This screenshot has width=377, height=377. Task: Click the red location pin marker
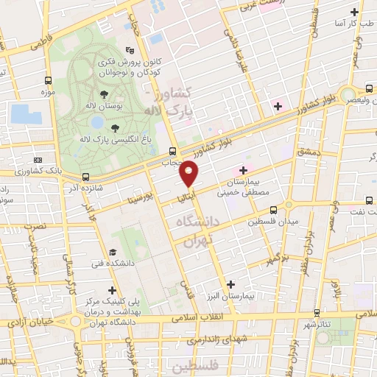click(x=189, y=173)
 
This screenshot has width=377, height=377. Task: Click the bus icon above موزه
click(x=48, y=80)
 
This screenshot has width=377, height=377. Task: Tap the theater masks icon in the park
click(x=130, y=50)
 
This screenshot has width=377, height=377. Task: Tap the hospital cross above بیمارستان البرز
click(x=231, y=283)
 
